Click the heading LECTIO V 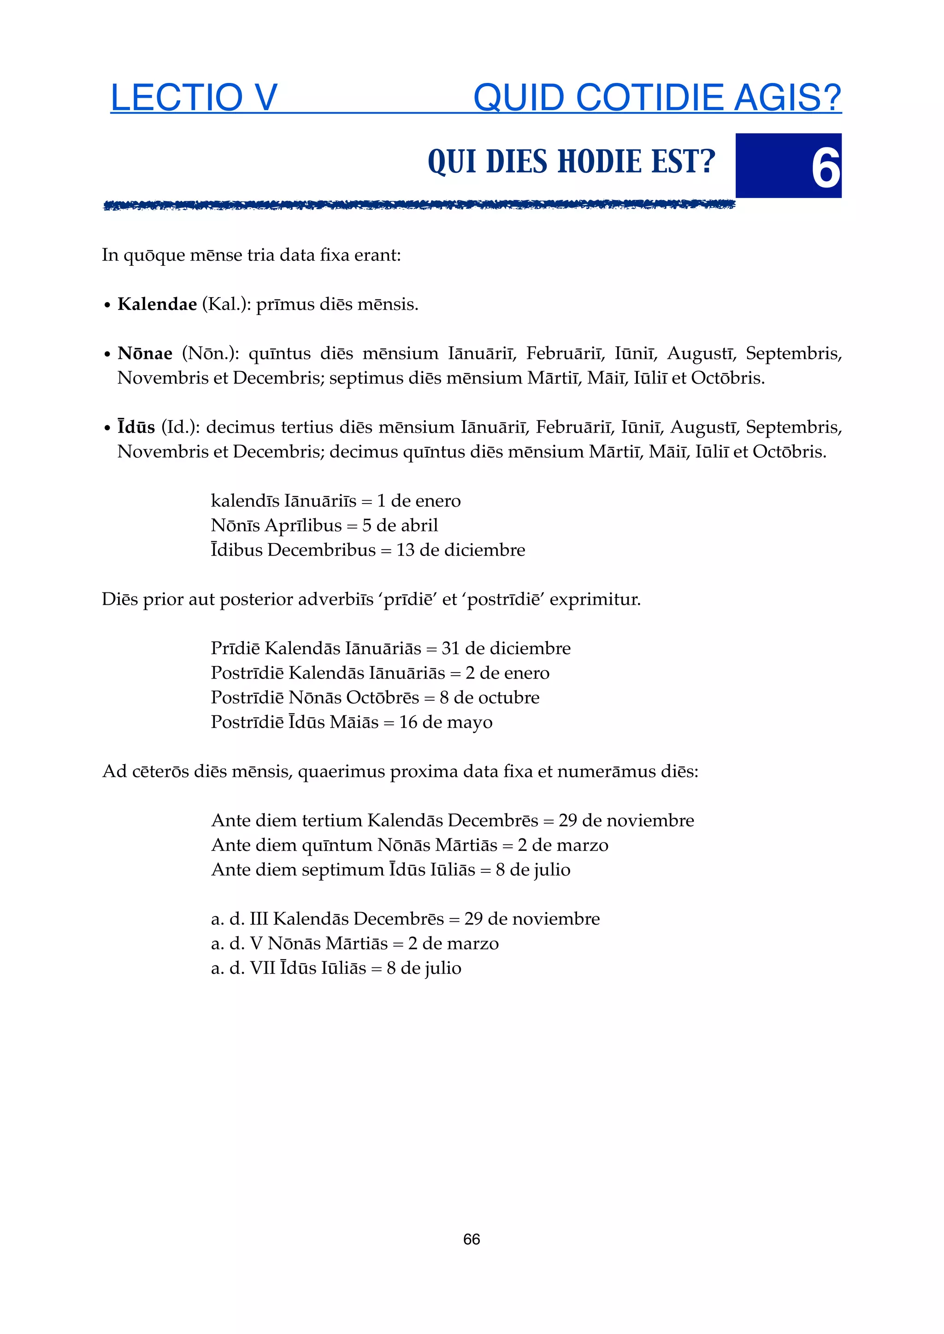click(194, 98)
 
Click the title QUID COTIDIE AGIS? click(657, 98)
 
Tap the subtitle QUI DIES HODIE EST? click(572, 162)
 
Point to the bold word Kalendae click(157, 304)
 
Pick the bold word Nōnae click(145, 353)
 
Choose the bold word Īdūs click(136, 427)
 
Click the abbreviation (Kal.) click(224, 304)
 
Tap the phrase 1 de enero click(419, 501)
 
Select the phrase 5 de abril click(400, 525)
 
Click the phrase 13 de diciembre click(460, 550)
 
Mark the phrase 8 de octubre click(490, 697)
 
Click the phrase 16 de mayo click(445, 722)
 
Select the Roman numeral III click(258, 919)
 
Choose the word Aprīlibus click(303, 525)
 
